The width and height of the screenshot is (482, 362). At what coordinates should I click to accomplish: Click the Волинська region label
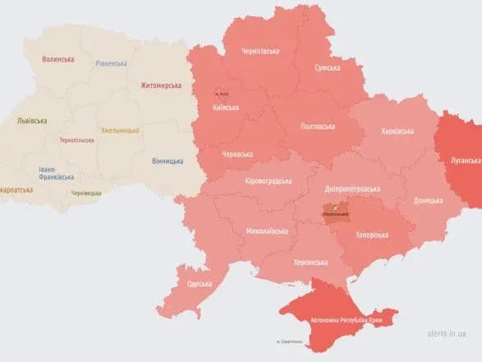tap(58, 59)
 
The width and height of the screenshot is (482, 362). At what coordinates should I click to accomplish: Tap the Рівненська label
tap(111, 63)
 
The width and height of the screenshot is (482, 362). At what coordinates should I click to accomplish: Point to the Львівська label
tap(32, 120)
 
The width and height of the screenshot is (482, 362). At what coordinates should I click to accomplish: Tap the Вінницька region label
tap(168, 160)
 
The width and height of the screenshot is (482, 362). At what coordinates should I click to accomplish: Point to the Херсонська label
tap(310, 262)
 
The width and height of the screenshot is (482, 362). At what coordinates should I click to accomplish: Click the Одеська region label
tap(199, 284)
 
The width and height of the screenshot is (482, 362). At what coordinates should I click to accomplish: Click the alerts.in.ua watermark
tap(447, 334)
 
